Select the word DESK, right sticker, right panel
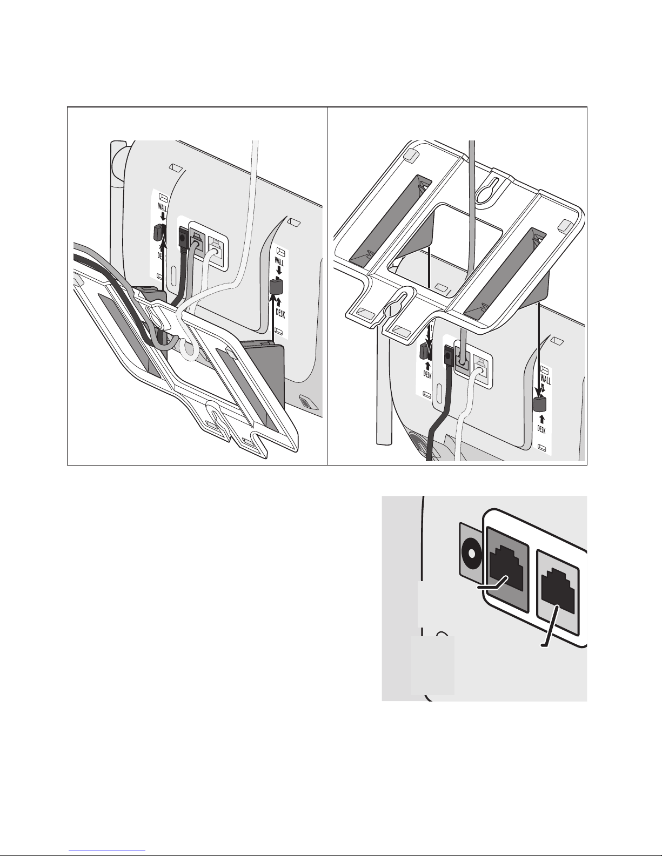[x=542, y=429]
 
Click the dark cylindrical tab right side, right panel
[x=539, y=403]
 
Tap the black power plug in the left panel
[x=183, y=238]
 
